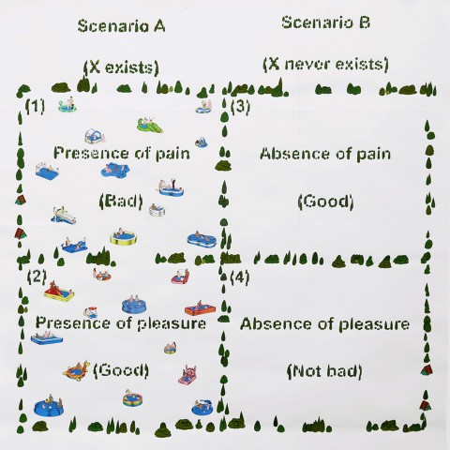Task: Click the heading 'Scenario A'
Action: pos(121,26)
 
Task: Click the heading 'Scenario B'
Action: pos(326,22)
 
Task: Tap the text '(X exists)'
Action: pos(121,67)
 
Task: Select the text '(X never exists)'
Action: pos(326,64)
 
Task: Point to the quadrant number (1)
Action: pos(35,107)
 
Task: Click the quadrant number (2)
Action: pos(37,277)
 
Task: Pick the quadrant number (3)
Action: pos(240,107)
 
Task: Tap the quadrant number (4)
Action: pos(240,277)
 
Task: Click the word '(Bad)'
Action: pos(121,202)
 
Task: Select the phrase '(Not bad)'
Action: pos(324,371)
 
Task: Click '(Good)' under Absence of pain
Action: pos(325,202)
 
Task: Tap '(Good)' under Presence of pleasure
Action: pos(121,370)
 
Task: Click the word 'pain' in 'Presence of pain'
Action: pos(172,154)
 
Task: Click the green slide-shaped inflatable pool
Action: pos(149,125)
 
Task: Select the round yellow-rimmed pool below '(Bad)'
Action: pos(124,237)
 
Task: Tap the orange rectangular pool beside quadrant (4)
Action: pos(200,308)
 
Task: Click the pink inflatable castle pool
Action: pos(187,375)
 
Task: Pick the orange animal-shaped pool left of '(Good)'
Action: pos(76,369)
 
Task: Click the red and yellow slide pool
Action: pos(58,292)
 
